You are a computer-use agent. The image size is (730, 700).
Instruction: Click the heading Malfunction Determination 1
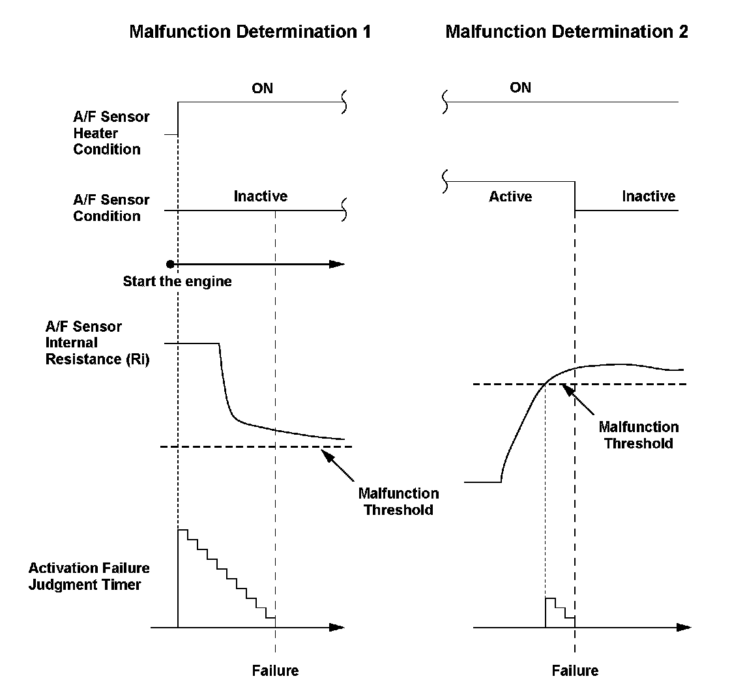pos(250,32)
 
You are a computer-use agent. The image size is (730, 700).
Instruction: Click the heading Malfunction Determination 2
pos(566,32)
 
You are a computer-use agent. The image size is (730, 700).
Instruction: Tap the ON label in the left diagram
pos(262,88)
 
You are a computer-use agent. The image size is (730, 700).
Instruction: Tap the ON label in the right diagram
pos(521,87)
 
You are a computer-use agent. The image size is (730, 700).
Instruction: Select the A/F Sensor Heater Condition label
pos(111,134)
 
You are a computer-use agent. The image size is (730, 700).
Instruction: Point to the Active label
pos(510,196)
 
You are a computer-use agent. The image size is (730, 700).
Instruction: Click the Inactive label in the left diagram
pos(261,196)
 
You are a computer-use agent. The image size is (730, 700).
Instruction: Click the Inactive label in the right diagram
pos(649,196)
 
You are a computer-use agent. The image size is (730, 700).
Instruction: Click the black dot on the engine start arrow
pos(170,264)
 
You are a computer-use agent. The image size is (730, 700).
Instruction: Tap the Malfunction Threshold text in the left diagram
pos(398,501)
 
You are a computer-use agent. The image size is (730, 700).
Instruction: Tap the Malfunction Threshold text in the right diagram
pos(639,435)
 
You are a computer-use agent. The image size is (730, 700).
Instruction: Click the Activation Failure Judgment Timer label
pos(89,576)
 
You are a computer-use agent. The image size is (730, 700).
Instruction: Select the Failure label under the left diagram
pos(275,670)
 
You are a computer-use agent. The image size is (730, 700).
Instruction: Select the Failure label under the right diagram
pos(575,670)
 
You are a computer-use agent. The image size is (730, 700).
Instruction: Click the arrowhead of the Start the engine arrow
pos(336,264)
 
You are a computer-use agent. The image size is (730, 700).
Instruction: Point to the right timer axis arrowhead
pos(683,628)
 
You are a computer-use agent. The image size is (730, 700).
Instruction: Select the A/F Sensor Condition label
pos(111,208)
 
